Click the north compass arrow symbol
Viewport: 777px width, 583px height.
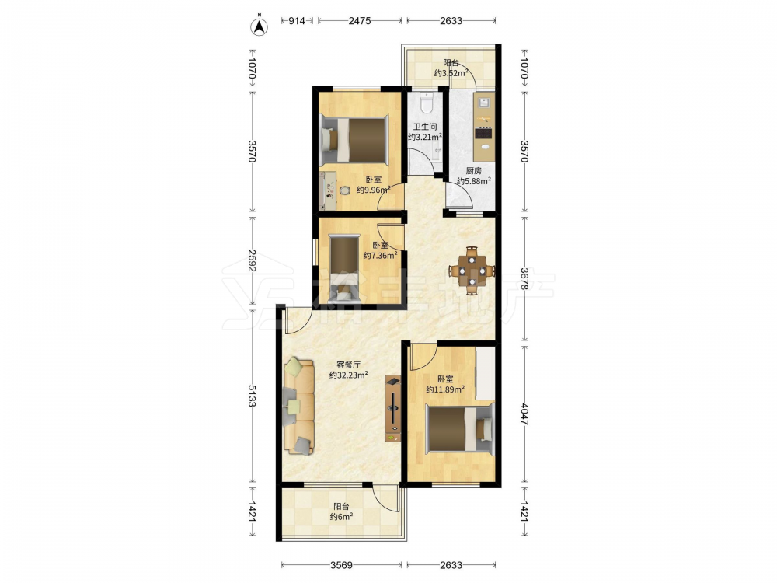coord(259,26)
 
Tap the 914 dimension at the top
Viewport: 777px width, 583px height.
coord(297,21)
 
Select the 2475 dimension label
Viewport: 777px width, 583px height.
coord(360,21)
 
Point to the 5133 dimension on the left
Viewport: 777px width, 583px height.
coord(252,396)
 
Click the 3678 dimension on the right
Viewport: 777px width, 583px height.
coord(524,279)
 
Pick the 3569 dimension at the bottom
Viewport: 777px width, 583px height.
coord(341,564)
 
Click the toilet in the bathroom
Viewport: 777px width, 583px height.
coord(426,102)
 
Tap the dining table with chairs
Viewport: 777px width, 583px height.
coord(472,271)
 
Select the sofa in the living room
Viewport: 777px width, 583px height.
coord(299,406)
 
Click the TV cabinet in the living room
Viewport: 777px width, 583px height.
coord(393,409)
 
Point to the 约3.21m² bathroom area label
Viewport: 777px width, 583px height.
coord(425,137)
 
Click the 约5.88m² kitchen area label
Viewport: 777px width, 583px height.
coord(474,181)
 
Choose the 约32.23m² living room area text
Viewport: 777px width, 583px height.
coord(348,375)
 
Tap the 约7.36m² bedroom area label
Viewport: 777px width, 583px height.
coord(380,255)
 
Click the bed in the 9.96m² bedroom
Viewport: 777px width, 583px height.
coord(354,139)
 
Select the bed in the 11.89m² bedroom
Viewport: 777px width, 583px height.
coord(460,429)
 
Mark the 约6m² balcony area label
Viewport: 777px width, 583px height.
coord(341,517)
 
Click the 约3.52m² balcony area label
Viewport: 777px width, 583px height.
coord(451,73)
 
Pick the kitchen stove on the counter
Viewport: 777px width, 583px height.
coord(483,133)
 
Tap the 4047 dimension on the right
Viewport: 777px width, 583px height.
coord(524,414)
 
